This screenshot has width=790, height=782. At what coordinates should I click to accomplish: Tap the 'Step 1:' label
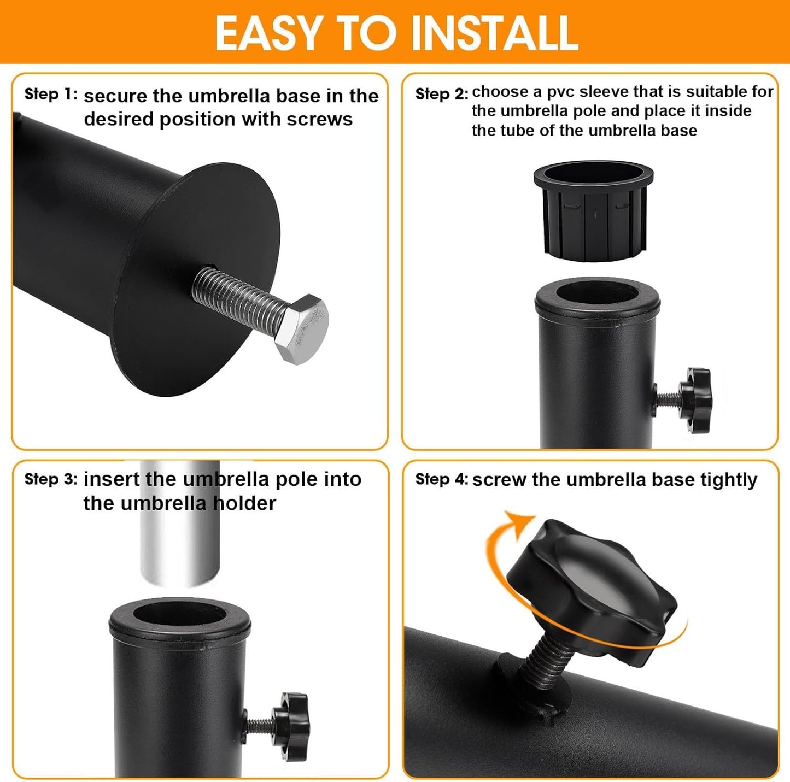(x=51, y=94)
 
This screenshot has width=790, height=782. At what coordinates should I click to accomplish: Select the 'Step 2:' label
(x=442, y=94)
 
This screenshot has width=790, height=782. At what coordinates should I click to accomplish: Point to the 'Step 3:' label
(x=51, y=479)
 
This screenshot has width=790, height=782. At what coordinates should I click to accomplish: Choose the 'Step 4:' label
(x=442, y=479)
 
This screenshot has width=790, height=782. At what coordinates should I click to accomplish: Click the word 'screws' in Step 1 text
(x=319, y=120)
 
